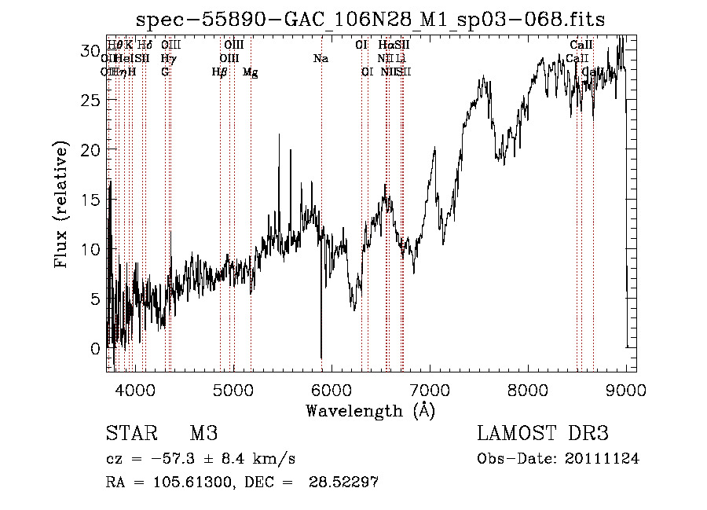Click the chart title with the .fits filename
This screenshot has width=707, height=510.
(x=371, y=20)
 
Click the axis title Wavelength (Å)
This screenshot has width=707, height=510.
(x=370, y=410)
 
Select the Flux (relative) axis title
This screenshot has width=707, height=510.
(x=61, y=204)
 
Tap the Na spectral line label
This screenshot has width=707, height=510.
(x=321, y=59)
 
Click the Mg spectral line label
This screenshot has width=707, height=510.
(x=250, y=72)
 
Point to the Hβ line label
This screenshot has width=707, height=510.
(x=220, y=72)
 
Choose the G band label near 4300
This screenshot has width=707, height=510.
(x=165, y=72)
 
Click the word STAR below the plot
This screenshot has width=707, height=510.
(x=131, y=434)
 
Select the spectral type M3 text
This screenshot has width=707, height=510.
(x=203, y=434)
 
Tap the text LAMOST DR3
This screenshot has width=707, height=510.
(x=543, y=434)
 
